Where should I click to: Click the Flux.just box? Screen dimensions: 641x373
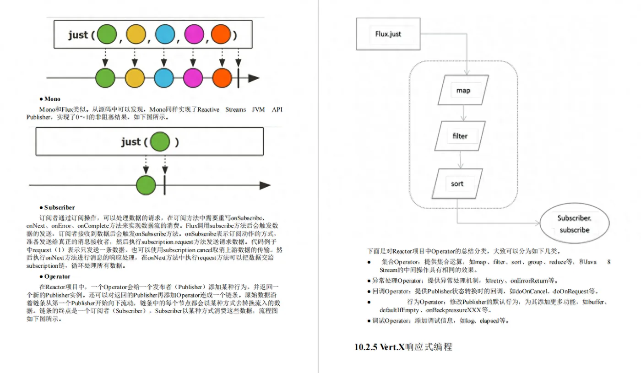388,34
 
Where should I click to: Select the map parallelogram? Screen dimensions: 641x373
463,90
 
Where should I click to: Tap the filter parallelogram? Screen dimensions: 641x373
460,136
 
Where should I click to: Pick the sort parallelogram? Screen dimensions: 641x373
457,184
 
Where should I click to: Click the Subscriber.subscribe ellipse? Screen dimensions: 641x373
575,223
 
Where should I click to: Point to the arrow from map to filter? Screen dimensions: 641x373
463,113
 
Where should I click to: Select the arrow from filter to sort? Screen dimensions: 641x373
460,160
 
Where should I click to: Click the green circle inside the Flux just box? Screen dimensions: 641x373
107,34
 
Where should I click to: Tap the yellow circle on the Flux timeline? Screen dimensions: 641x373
135,78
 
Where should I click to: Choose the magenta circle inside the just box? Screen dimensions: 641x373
194,34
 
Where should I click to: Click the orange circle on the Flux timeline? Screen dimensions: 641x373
222,78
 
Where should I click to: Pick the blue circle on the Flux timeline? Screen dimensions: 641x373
164,78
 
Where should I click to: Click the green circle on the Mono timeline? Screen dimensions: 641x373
146,185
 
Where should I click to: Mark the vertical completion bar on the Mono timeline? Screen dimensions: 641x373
164,185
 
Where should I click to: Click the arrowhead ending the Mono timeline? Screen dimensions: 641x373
265,185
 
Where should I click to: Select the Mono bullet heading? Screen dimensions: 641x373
50,99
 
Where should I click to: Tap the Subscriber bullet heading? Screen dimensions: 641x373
57,207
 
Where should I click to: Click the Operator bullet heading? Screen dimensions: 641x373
55,276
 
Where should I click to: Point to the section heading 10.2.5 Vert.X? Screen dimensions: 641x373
403,347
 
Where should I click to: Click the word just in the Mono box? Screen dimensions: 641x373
131,141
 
